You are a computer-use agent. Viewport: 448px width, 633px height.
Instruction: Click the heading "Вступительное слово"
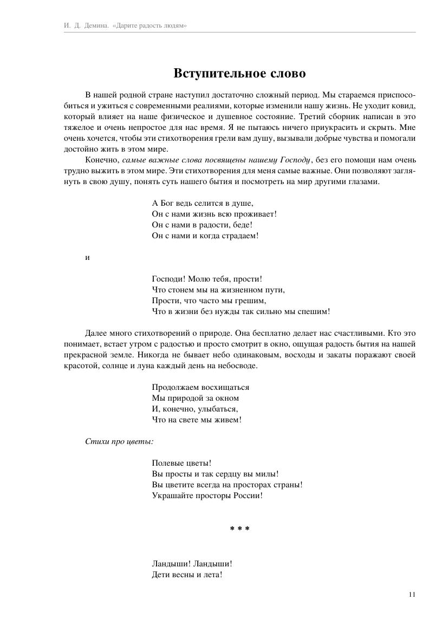pos(239,74)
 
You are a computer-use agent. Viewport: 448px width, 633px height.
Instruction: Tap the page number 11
pos(412,595)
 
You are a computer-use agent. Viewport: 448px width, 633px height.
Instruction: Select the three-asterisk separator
pos(239,528)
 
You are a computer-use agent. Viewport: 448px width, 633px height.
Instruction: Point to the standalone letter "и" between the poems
pos(87,258)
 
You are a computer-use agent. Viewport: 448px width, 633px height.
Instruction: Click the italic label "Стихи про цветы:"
pos(119,441)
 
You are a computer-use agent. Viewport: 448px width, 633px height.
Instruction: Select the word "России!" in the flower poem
pos(248,495)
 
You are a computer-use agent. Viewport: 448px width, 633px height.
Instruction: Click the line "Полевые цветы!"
pos(181,463)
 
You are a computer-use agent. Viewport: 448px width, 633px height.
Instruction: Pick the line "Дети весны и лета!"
pos(187,575)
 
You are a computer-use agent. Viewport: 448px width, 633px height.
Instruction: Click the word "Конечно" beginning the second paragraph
pos(102,160)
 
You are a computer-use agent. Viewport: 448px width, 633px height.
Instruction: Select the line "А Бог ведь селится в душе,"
pos(203,203)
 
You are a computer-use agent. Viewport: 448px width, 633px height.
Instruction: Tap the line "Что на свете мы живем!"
pos(197,420)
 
